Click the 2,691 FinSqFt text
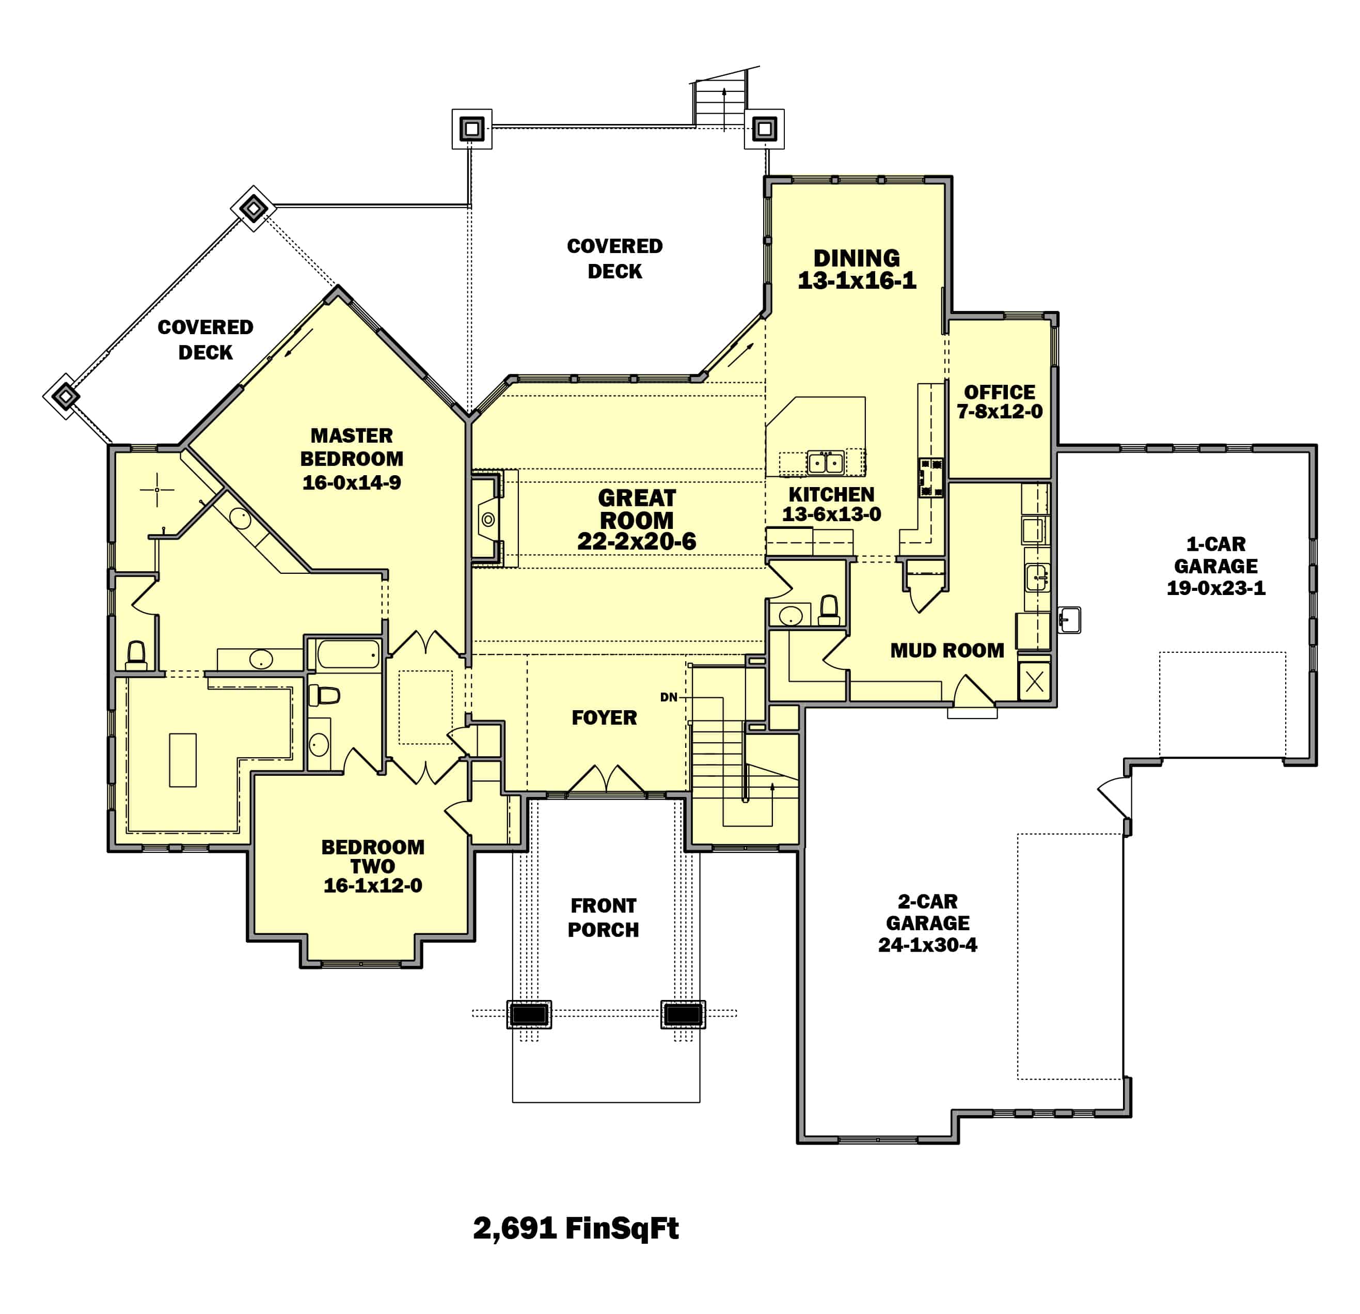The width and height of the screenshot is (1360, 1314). coord(575,1227)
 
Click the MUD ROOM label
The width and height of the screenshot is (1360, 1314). coord(947,650)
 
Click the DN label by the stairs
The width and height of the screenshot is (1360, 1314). coord(668,697)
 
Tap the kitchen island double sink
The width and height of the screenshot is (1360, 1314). coord(825,462)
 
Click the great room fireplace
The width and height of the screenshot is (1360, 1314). coord(488,519)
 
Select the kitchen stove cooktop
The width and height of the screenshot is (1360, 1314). coord(930,478)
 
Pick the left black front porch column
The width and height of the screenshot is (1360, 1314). coord(529,1014)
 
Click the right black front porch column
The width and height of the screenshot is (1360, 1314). coord(683,1014)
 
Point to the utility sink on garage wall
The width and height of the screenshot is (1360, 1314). coord(1069,619)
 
